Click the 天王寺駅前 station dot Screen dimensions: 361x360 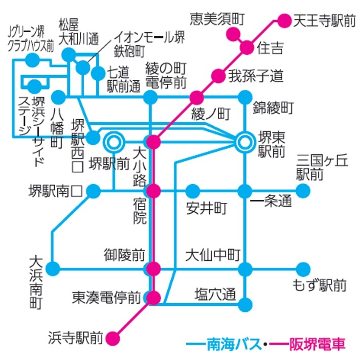tap(284, 21)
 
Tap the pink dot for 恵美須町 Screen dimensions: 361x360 tap(233, 35)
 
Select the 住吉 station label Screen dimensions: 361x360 tap(271, 49)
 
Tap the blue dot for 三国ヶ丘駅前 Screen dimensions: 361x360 tap(303, 191)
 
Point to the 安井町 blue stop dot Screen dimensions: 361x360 tap(192, 191)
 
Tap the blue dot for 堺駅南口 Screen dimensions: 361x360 tap(94, 191)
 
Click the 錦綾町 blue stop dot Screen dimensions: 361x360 tap(245, 97)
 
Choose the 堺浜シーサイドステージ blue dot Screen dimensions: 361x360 tap(35, 85)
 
